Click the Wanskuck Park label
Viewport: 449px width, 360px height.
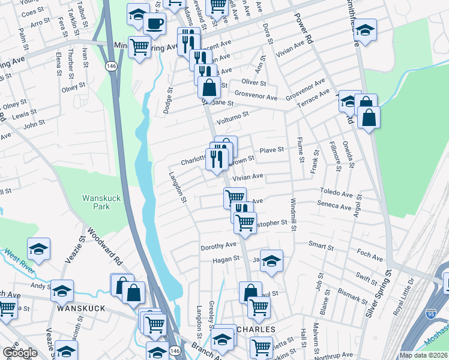[96, 202]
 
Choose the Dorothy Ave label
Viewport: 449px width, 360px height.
[218, 245]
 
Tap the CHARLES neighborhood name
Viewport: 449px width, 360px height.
[255, 329]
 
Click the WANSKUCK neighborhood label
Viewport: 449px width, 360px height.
[81, 308]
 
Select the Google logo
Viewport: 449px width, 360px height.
[20, 352]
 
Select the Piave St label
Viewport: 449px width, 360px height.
[271, 150]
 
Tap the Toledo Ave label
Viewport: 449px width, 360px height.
[337, 194]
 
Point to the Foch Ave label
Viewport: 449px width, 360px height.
[369, 254]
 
